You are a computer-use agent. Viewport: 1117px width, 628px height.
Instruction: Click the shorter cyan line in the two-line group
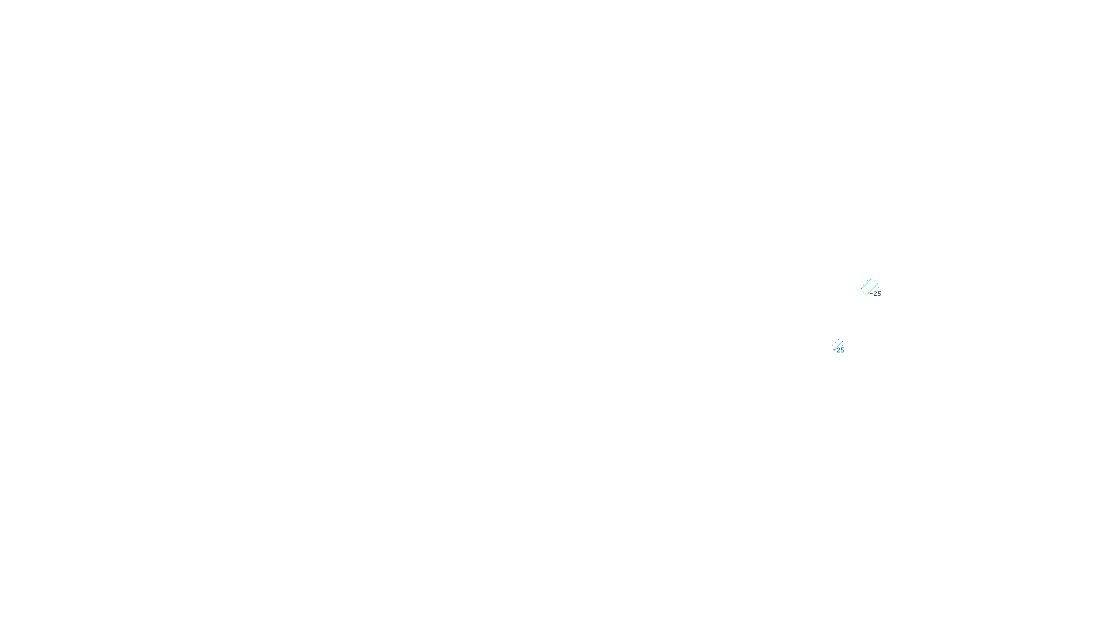pyautogui.click(x=866, y=284)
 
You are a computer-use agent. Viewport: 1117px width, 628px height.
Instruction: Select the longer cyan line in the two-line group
pyautogui.click(x=873, y=289)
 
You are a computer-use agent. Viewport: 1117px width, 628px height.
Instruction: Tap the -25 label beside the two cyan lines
pyautogui.click(x=875, y=294)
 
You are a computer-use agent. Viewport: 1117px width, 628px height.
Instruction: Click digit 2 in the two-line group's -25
pyautogui.click(x=875, y=294)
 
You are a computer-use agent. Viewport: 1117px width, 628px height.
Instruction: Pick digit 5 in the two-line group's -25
pyautogui.click(x=880, y=294)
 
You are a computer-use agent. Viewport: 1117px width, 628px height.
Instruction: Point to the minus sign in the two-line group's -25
pyautogui.click(x=871, y=294)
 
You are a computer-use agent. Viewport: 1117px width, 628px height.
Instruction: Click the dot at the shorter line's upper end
pyautogui.click(x=871, y=280)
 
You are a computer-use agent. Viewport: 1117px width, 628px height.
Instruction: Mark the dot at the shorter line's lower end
pyautogui.click(x=861, y=289)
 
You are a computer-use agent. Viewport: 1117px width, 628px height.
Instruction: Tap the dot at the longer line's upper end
pyautogui.click(x=878, y=283)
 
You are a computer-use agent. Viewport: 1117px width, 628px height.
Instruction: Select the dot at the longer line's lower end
pyautogui.click(x=866, y=294)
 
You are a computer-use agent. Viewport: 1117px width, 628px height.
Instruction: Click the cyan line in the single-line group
pyautogui.click(x=838, y=345)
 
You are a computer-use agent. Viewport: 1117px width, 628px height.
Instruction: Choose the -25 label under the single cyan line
pyautogui.click(x=838, y=350)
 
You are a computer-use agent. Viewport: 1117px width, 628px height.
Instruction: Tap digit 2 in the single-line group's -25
pyautogui.click(x=838, y=350)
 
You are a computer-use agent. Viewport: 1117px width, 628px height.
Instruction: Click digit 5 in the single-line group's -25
pyautogui.click(x=843, y=350)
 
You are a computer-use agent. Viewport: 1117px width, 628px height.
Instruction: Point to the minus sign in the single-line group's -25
pyautogui.click(x=834, y=350)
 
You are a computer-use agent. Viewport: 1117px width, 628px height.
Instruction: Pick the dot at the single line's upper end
pyautogui.click(x=842, y=341)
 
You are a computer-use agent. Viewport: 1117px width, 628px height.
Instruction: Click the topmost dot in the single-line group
pyautogui.click(x=838, y=339)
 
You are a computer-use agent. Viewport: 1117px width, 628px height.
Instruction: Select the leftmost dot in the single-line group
pyautogui.click(x=832, y=345)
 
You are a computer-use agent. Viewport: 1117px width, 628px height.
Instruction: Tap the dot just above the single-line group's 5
pyautogui.click(x=842, y=346)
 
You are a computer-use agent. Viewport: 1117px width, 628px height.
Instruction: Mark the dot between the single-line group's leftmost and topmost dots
pyautogui.click(x=835, y=343)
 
